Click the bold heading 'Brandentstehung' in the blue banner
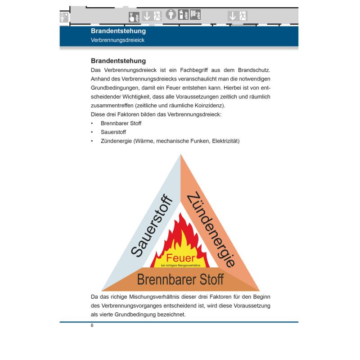coord(118,31)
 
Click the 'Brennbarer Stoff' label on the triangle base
coord(180,279)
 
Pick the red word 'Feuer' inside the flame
coord(180,258)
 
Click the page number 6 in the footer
coord(92,325)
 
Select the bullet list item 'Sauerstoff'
coord(113,132)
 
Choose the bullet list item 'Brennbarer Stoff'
coord(121,123)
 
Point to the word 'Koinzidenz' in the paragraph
coord(209,105)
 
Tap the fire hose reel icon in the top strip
coord(195,14)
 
